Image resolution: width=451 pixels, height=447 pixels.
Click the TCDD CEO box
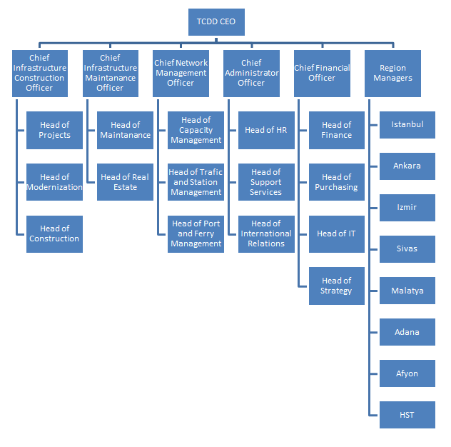216,22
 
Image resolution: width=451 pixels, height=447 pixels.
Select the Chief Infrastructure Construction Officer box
40,73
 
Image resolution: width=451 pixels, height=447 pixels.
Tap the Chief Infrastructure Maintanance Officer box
110,73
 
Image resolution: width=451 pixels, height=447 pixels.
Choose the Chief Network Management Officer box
181,73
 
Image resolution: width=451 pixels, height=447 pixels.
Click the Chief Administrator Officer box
251,73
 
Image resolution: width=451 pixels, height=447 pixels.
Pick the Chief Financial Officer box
322,73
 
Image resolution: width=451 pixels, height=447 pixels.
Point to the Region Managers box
392,73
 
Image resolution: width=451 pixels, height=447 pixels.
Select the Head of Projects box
54,130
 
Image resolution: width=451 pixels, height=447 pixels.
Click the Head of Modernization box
54,182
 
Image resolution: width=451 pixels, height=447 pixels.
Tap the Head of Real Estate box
125,182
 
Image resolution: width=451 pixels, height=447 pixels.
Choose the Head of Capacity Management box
196,130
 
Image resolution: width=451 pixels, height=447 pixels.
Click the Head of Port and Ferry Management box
196,233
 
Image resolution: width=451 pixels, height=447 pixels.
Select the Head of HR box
266,130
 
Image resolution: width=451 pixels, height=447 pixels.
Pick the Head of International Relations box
266,233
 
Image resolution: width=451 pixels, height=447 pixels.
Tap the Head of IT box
336,233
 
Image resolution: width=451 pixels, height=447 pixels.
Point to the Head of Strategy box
336,286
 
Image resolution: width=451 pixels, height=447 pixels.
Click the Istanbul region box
407,124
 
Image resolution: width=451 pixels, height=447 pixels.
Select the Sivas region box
407,249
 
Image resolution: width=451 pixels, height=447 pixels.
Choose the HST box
407,415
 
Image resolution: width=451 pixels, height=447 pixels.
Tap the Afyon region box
407,373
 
